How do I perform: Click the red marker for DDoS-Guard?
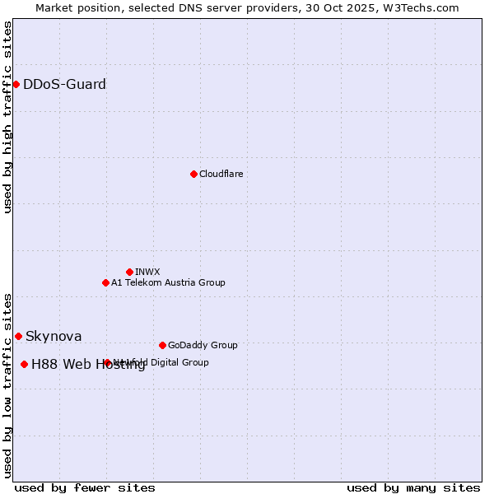16,84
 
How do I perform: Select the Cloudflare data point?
193,174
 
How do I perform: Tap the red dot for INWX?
129,272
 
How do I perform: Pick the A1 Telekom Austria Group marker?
105,282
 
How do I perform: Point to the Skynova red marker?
18,336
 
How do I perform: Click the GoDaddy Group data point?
162,345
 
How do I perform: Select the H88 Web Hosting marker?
24,364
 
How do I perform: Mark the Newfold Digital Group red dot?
107,362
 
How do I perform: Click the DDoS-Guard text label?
64,84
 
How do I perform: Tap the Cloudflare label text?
221,174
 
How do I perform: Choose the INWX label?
147,272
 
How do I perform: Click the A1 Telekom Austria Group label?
168,282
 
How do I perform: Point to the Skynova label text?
54,336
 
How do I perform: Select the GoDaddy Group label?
203,345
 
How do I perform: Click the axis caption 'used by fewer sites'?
85,488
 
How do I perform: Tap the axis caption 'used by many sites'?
413,488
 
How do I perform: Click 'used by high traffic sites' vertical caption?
8,118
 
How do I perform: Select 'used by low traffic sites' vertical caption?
8,384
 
